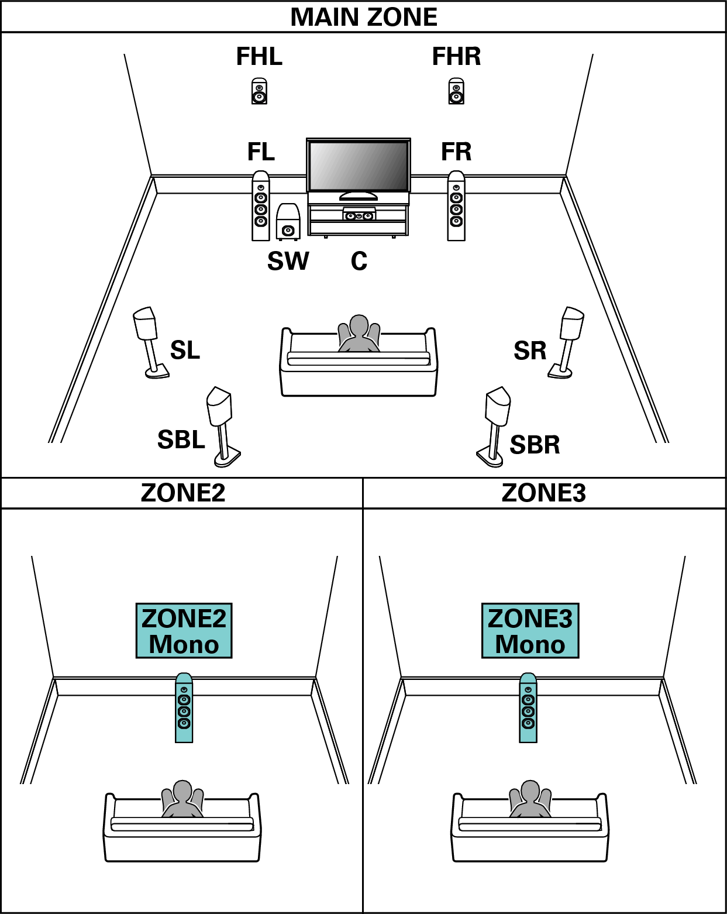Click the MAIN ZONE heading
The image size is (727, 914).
coord(363,17)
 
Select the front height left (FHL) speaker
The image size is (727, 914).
coord(259,91)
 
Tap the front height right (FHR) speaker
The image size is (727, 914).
coord(456,91)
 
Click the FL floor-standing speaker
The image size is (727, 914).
coord(261,206)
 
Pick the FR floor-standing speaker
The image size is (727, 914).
coord(456,206)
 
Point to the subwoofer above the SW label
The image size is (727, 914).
coord(288,222)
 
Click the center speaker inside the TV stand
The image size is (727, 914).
coord(359,215)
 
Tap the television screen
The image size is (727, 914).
coord(358,166)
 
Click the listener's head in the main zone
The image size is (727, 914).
coord(359,326)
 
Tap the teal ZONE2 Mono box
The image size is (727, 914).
coord(184,631)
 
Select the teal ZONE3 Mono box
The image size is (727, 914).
coord(530,631)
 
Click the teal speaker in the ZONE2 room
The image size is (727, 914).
coord(184,708)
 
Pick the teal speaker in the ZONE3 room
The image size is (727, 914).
coord(528,708)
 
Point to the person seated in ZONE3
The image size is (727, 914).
coord(530,799)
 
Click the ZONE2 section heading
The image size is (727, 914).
coord(182,493)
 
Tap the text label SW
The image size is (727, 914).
coord(288,261)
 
